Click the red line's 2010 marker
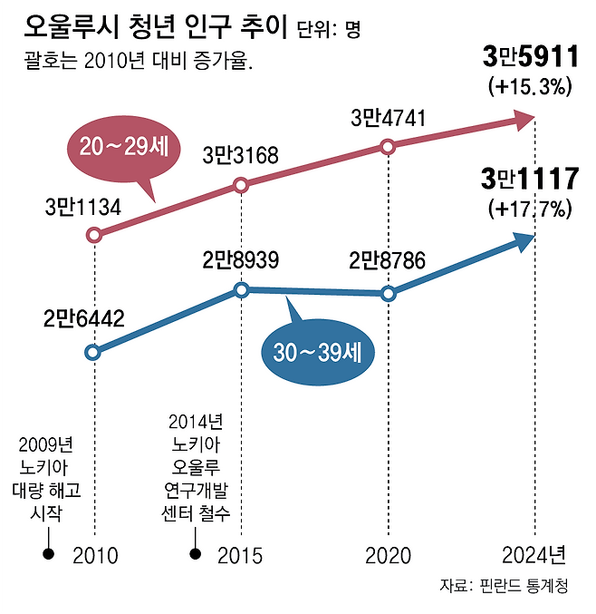click(x=94, y=235)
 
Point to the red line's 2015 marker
click(x=241, y=185)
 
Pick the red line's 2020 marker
click(x=388, y=146)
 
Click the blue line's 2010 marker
click(x=94, y=352)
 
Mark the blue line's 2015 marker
click(x=241, y=290)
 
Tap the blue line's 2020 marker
click(x=388, y=294)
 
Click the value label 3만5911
click(x=530, y=59)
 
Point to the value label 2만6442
click(x=82, y=318)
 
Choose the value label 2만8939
click(x=240, y=261)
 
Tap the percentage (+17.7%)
click(x=530, y=210)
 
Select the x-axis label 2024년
click(x=534, y=555)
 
